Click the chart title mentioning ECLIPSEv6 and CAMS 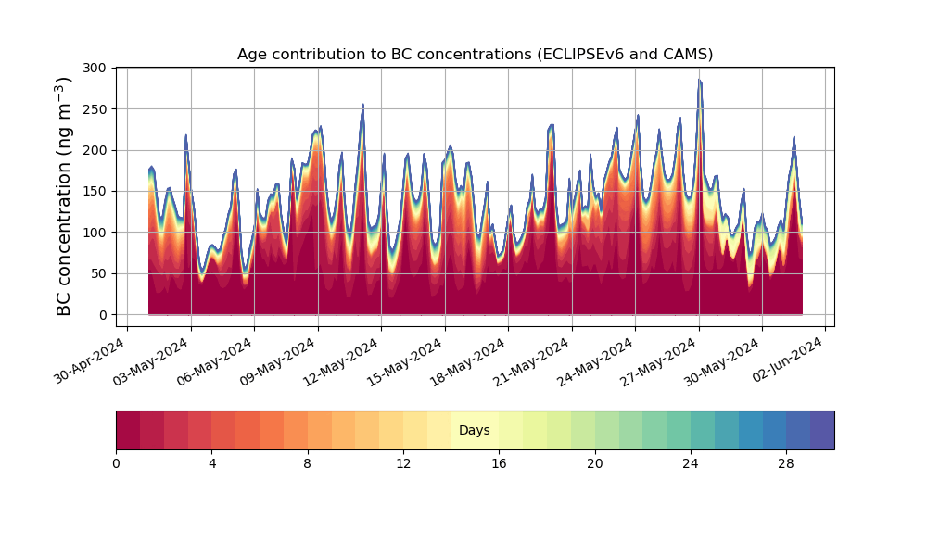475,55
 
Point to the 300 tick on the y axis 95,68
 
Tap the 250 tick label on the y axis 95,109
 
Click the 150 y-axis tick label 95,192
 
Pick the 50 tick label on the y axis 99,273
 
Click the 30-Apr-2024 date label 90,360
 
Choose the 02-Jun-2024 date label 787,360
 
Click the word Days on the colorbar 474,430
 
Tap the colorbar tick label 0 116,464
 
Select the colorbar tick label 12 403,464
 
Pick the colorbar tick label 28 786,464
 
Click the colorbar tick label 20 595,464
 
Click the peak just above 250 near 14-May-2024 363,105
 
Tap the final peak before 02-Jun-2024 794,137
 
